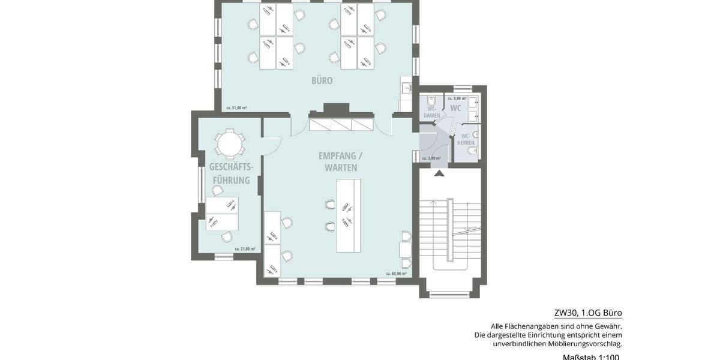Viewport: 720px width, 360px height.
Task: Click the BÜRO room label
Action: tap(322, 80)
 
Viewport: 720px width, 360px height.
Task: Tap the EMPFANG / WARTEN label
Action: tap(341, 162)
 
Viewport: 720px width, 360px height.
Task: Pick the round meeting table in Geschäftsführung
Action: tap(229, 143)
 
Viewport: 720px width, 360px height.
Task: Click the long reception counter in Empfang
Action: tap(348, 215)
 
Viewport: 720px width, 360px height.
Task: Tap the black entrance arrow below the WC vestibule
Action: tap(439, 174)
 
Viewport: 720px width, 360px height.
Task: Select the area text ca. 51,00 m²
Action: tap(236, 108)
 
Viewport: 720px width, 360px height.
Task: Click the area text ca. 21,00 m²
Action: tap(245, 248)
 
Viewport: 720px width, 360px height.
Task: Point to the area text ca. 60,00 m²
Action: tap(396, 274)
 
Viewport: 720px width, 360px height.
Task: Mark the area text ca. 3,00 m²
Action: tap(431, 158)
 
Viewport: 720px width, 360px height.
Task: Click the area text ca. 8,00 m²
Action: tap(457, 98)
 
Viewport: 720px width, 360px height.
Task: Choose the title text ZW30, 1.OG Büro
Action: tap(588, 313)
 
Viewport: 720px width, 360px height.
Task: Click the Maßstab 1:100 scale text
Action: tap(590, 357)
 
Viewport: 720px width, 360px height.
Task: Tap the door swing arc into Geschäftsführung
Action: tap(274, 144)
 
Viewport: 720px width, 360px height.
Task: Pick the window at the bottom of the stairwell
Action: tap(450, 293)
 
